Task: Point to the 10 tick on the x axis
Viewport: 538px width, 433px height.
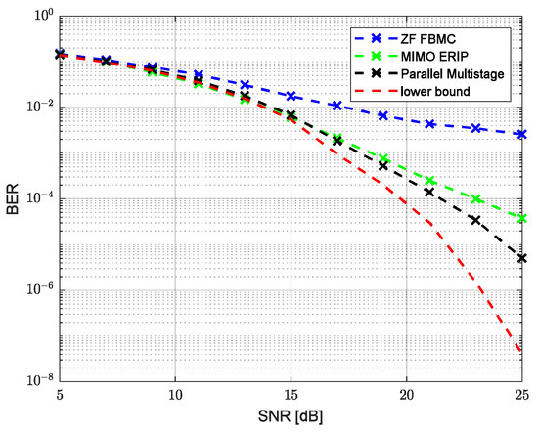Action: click(175, 399)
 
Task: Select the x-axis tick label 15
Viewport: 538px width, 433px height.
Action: click(291, 399)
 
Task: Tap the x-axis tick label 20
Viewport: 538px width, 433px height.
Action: click(407, 399)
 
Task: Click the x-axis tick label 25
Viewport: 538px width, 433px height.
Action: click(521, 399)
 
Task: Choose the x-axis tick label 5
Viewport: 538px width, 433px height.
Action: click(60, 399)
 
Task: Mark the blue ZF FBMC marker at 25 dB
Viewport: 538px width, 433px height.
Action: click(522, 134)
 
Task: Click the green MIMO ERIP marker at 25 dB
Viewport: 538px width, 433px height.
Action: click(522, 218)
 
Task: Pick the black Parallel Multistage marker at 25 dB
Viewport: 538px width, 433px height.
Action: click(522, 258)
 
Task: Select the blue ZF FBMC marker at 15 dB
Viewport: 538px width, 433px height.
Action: click(291, 96)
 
